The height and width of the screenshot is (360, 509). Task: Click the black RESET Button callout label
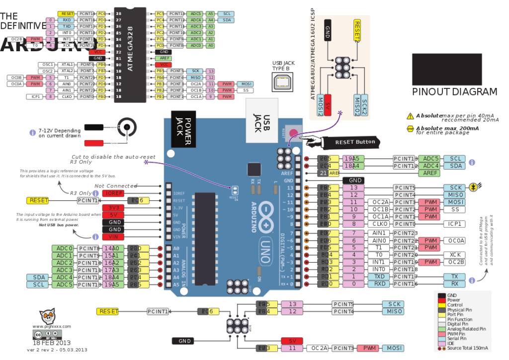[x=354, y=142]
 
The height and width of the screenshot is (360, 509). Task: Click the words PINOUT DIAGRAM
[x=454, y=91]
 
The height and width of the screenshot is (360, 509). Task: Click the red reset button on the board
[x=294, y=133]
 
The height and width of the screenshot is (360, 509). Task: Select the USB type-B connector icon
[x=283, y=81]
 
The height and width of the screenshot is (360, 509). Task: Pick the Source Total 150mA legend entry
[x=465, y=349]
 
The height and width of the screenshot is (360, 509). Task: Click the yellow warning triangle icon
[x=410, y=116]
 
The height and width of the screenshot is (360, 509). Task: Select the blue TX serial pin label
[x=454, y=276]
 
